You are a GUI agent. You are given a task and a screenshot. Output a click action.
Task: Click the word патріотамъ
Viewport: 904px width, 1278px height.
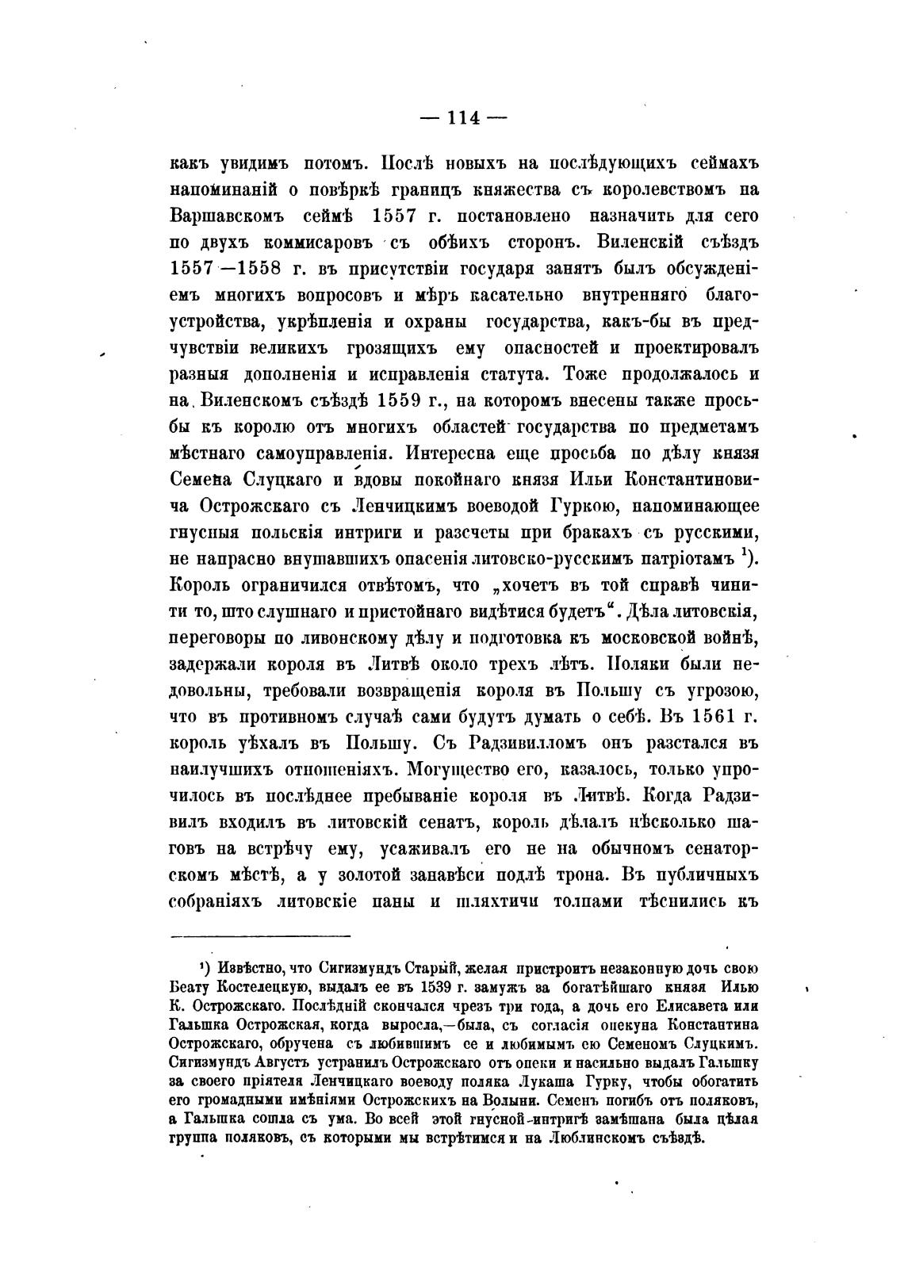[x=683, y=559]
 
